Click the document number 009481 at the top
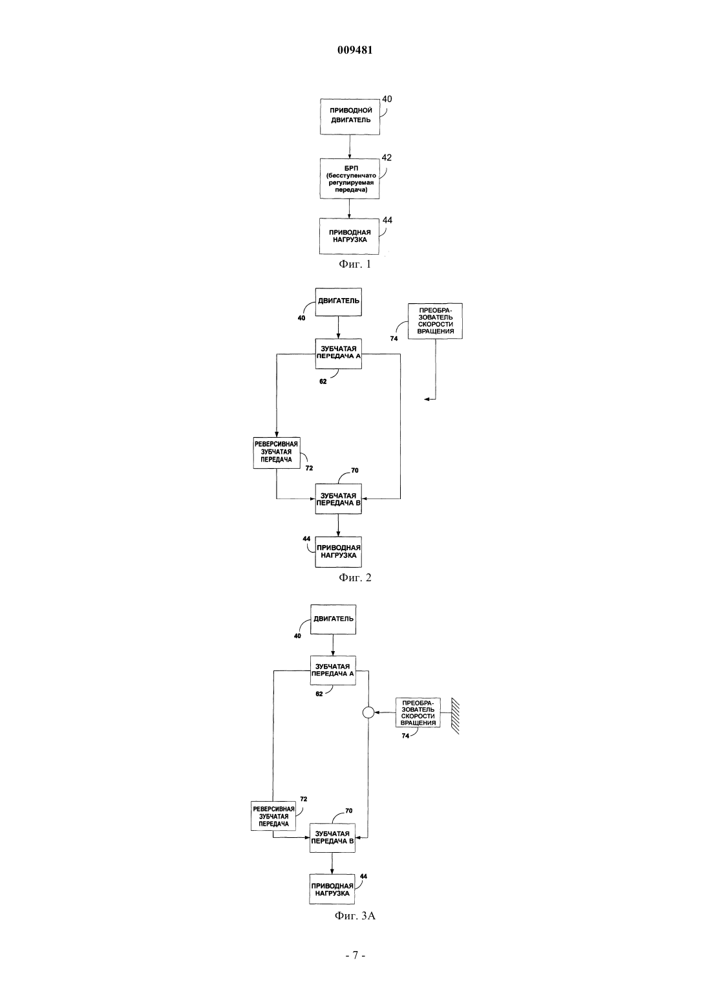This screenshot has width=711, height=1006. [355, 50]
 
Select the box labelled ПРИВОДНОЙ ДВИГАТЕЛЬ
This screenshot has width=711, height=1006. [350, 117]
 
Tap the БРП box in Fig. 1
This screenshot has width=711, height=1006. [350, 178]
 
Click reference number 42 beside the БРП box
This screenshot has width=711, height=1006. [387, 158]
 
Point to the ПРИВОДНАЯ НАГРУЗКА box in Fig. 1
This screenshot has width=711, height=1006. [349, 236]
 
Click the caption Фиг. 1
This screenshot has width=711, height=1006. [355, 264]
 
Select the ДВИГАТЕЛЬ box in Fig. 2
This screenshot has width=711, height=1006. [339, 302]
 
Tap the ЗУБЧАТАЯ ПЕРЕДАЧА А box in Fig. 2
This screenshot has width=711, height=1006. [339, 354]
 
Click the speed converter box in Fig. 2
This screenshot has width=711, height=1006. [435, 321]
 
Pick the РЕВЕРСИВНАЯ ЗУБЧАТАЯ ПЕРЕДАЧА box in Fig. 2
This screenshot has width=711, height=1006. [277, 453]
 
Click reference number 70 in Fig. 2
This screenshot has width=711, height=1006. [355, 471]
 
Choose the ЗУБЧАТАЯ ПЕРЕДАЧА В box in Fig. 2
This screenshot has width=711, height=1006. [339, 498]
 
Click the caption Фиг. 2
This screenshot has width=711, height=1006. [355, 577]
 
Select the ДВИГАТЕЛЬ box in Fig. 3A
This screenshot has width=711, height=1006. [333, 619]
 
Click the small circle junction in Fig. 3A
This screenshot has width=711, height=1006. [368, 712]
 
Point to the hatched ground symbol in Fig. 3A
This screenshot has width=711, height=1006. [455, 716]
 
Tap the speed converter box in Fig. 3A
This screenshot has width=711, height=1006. [418, 712]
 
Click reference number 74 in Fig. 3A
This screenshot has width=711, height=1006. [405, 736]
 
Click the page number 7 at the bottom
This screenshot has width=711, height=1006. [355, 956]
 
